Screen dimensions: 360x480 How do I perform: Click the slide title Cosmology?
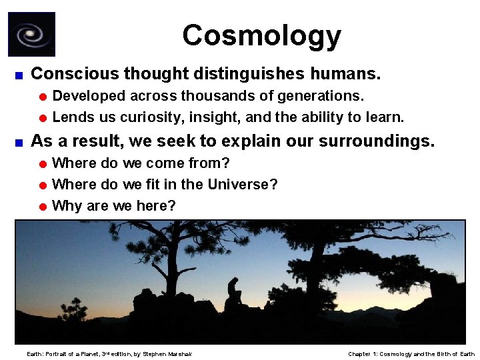click(x=261, y=35)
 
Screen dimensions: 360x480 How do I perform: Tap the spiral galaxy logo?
click(x=31, y=34)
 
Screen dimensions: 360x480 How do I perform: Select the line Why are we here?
click(x=114, y=205)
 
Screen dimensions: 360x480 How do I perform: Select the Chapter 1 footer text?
click(x=411, y=353)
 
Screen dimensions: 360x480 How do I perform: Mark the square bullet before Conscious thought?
click(x=19, y=73)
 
